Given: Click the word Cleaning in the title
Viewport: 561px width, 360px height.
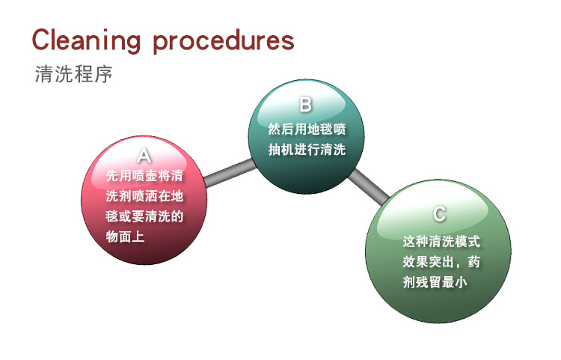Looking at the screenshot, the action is point(86,41).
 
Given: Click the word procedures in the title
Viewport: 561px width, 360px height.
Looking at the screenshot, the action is point(224,41).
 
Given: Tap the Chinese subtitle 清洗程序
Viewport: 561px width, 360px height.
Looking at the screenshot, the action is point(74,74).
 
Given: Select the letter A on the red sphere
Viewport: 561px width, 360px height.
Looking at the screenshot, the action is point(144,156).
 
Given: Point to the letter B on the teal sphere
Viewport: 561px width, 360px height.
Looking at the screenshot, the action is point(305,105).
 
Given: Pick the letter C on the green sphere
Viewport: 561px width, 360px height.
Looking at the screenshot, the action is point(439,213).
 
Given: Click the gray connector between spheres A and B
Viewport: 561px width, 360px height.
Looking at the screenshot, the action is point(230,173).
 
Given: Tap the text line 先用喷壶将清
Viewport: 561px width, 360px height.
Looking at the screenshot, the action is point(144,176).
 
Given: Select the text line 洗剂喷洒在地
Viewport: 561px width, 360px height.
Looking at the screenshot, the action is point(144,196).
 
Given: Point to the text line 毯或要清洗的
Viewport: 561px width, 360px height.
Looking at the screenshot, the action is point(144,216).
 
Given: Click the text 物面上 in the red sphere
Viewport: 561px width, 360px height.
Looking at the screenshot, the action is point(125,237).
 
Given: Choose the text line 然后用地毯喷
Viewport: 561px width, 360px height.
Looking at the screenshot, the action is point(307,129).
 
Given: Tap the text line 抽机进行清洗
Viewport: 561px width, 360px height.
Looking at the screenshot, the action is point(307,150).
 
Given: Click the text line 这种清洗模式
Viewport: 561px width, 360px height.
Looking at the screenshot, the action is point(441,242).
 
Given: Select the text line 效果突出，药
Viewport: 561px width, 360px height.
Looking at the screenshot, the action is point(441,262).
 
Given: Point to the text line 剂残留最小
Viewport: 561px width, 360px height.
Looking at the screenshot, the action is point(435,282).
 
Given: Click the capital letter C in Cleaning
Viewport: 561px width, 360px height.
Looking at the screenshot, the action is point(40,40).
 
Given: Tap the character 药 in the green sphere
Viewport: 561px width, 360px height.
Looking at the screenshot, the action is point(473,262).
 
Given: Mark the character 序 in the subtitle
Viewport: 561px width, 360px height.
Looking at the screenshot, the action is point(104,74).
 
